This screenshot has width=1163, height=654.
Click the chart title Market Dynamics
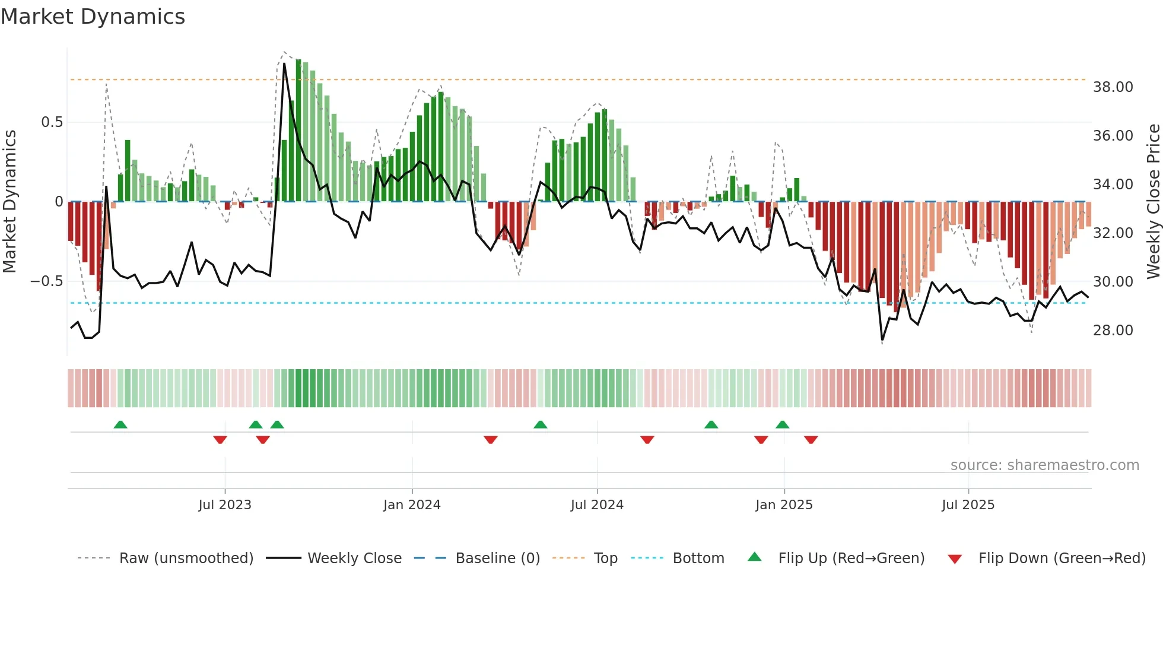click(x=93, y=17)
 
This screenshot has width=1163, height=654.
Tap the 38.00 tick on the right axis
click(x=1113, y=87)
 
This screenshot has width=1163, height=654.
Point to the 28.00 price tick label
click(x=1113, y=331)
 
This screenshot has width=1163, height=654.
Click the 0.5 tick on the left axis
click(x=52, y=122)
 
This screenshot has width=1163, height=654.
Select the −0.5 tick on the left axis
click(x=47, y=281)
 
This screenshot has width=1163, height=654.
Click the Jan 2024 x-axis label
click(x=412, y=505)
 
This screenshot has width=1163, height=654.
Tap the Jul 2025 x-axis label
click(x=968, y=505)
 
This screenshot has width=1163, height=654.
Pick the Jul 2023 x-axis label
click(x=225, y=505)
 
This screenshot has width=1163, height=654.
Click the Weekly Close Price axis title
click(x=1153, y=202)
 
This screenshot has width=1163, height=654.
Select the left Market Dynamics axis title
click(x=9, y=202)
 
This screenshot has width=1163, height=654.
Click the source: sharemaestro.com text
click(x=1044, y=465)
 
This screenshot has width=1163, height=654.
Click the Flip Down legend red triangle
click(x=955, y=559)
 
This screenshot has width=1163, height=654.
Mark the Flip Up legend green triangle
click(x=754, y=557)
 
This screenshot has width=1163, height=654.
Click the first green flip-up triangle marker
click(x=120, y=425)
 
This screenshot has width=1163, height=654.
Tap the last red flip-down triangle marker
click(x=811, y=440)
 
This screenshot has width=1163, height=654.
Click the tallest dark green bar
click(x=298, y=131)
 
